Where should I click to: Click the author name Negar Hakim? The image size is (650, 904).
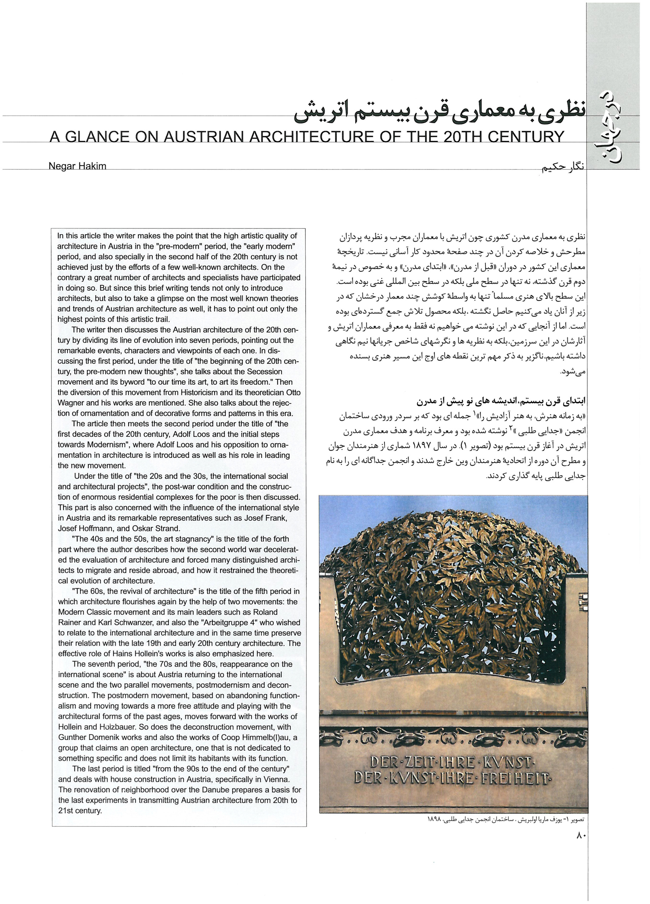click(77, 166)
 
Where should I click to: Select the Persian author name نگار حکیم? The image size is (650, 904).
click(562, 168)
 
